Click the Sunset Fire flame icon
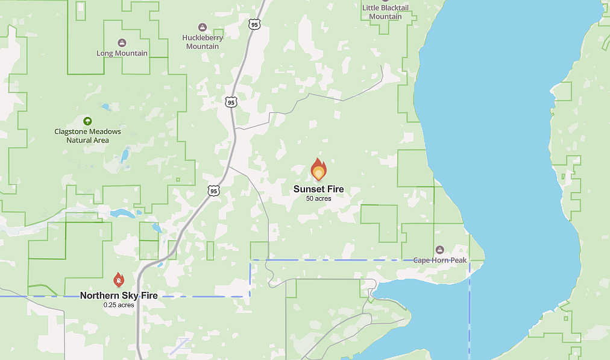click(318, 170)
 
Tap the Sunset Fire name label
click(318, 189)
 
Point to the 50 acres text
click(318, 198)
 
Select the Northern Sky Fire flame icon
click(119, 280)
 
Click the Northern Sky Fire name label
click(119, 295)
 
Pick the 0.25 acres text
click(119, 305)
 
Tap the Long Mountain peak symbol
click(122, 43)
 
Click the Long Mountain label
click(122, 53)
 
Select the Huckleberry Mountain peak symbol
click(203, 27)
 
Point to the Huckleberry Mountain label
click(203, 42)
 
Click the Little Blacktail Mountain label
click(385, 12)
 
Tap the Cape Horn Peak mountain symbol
click(440, 250)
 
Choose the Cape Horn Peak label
click(440, 261)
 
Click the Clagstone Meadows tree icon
click(88, 121)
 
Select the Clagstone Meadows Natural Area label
click(88, 136)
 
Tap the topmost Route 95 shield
click(254, 24)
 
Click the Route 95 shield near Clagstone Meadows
click(231, 102)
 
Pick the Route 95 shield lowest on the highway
click(214, 191)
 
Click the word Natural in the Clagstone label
click(79, 141)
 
